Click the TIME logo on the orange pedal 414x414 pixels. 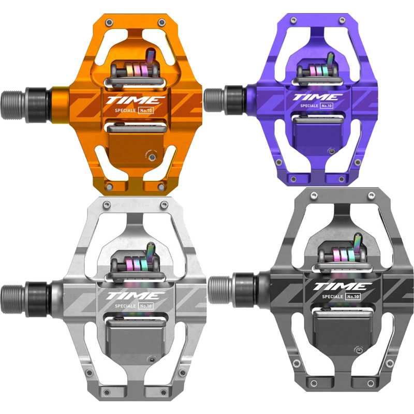[x=136, y=100]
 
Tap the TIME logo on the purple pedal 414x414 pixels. [x=318, y=97]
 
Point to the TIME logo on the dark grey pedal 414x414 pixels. [x=342, y=287]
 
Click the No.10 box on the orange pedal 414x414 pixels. [x=146, y=110]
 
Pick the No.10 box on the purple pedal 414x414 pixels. [x=327, y=106]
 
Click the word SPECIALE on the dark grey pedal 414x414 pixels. [x=332, y=297]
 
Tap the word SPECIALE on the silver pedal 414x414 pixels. [x=125, y=306]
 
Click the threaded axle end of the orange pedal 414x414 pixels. [x=14, y=105]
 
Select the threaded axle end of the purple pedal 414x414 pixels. [x=214, y=100]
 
